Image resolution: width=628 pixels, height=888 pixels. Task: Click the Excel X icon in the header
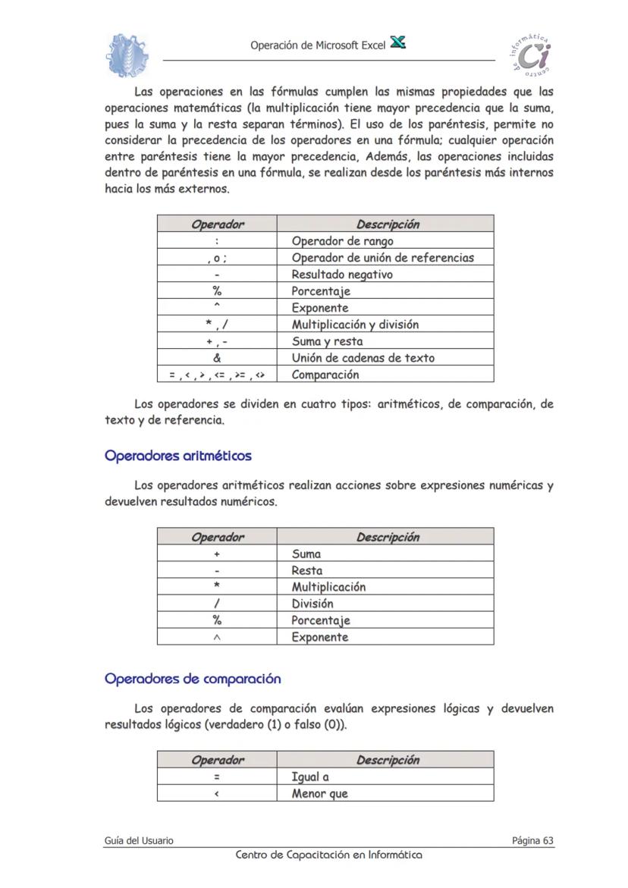(x=397, y=43)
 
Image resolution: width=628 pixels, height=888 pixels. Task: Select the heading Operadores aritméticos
(x=178, y=457)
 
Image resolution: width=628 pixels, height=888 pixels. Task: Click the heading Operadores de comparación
(x=193, y=679)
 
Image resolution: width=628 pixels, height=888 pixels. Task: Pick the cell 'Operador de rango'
(x=342, y=241)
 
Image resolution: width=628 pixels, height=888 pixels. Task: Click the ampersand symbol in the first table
(x=217, y=358)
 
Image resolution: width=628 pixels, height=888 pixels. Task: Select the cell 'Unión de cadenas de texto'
(x=363, y=358)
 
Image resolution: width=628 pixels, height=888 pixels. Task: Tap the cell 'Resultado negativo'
(x=342, y=275)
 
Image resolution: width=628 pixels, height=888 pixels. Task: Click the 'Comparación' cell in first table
(x=325, y=375)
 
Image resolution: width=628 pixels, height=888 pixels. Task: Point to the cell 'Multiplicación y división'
(x=355, y=325)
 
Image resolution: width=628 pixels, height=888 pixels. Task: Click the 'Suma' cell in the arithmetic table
(x=306, y=554)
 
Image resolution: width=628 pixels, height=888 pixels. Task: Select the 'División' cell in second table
(x=312, y=604)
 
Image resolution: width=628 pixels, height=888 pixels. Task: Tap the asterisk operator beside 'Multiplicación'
(x=217, y=587)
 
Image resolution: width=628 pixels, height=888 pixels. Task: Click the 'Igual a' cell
(x=310, y=777)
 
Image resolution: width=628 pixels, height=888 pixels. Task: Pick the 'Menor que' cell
(x=319, y=794)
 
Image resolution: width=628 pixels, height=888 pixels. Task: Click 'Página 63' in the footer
(x=532, y=840)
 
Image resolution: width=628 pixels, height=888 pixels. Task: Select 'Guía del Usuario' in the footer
(x=139, y=840)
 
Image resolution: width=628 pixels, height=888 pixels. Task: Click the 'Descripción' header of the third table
(x=388, y=760)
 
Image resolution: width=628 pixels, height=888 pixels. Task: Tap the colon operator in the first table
(x=217, y=241)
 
